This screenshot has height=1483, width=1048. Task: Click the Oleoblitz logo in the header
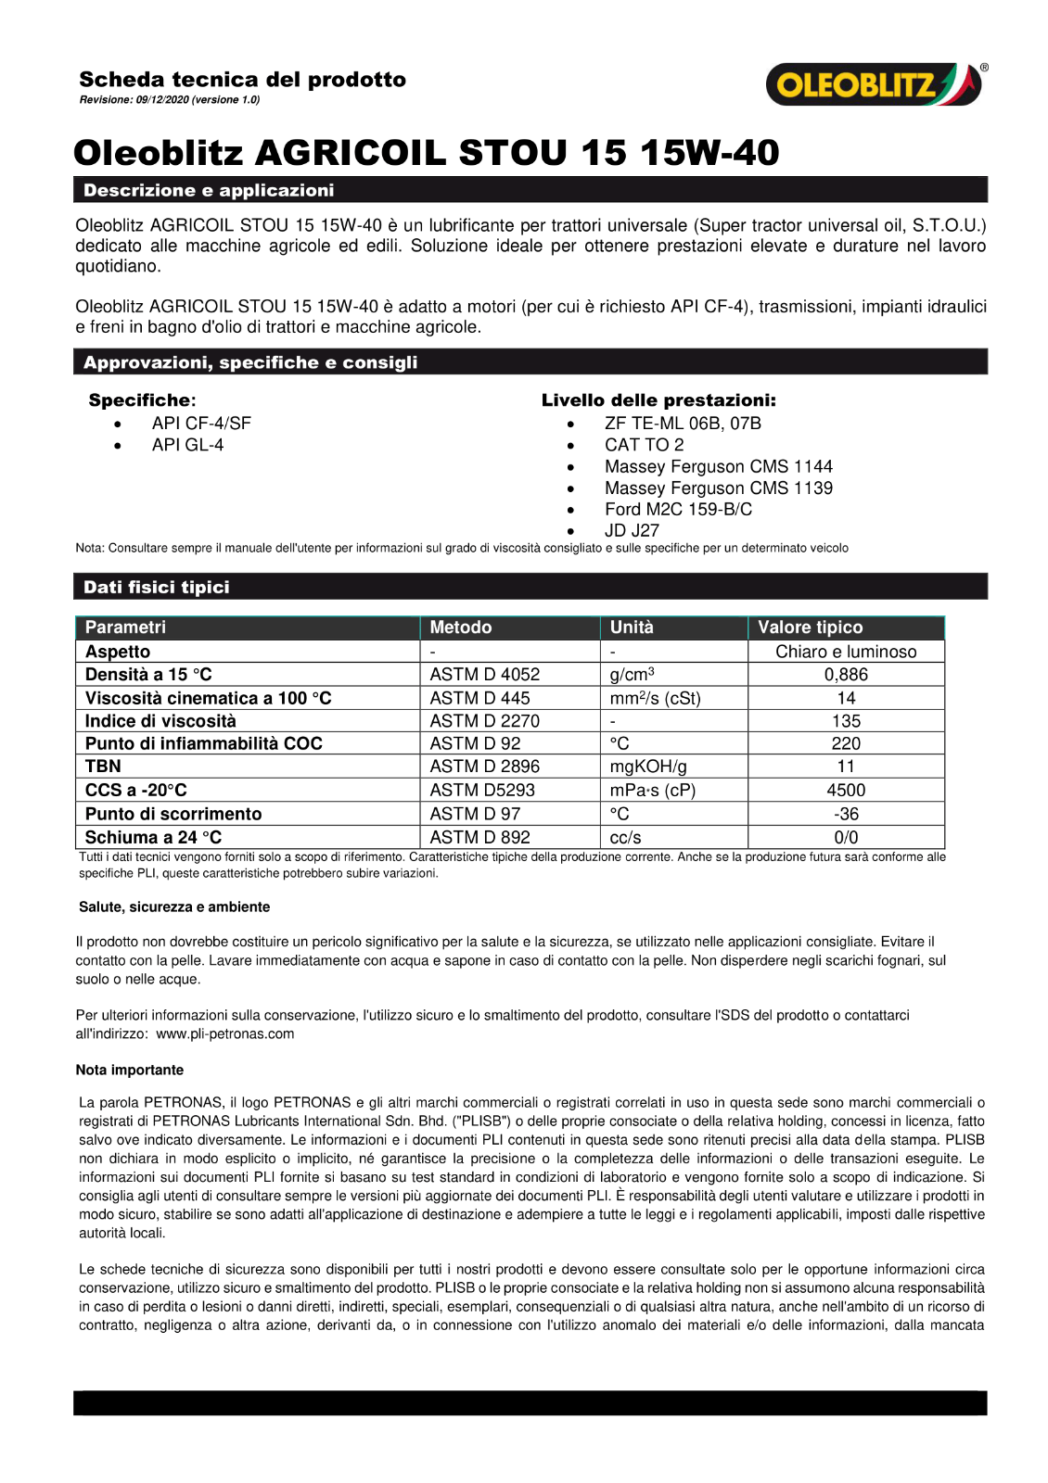pyautogui.click(x=875, y=84)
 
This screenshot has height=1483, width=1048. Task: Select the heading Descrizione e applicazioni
pyautogui.click(x=209, y=190)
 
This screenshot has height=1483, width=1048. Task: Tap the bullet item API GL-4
pyautogui.click(x=187, y=445)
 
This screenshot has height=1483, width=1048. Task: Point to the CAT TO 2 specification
pyautogui.click(x=644, y=445)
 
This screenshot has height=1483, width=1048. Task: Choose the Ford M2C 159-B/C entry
pyautogui.click(x=678, y=509)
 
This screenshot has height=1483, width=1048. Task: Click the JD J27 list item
pyautogui.click(x=632, y=530)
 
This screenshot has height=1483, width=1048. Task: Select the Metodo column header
pyautogui.click(x=461, y=627)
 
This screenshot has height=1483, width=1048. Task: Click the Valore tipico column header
pyautogui.click(x=810, y=627)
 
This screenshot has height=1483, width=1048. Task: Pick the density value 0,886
pyautogui.click(x=846, y=675)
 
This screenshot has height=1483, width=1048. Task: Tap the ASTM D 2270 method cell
pyautogui.click(x=484, y=721)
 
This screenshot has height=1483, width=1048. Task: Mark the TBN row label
pyautogui.click(x=103, y=767)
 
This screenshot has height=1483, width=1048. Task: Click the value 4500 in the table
pyautogui.click(x=846, y=791)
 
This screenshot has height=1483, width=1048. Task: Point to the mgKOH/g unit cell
pyautogui.click(x=648, y=767)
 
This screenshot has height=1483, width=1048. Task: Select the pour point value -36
pyautogui.click(x=846, y=814)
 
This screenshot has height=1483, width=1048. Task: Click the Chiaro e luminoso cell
pyautogui.click(x=846, y=652)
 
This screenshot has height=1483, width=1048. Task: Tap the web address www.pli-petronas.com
pyautogui.click(x=225, y=1033)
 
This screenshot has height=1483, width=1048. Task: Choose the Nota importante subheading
pyautogui.click(x=130, y=1070)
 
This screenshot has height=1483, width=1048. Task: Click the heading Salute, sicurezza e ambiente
pyautogui.click(x=174, y=907)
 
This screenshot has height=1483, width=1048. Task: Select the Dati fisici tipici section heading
pyautogui.click(x=157, y=587)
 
